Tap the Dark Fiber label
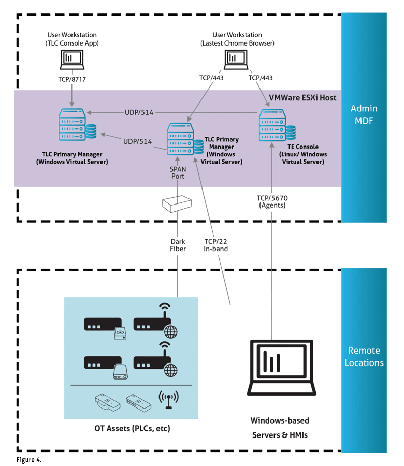178,245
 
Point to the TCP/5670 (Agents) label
271,201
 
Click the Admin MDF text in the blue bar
364,114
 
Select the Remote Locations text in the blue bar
364,356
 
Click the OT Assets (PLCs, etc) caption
132,429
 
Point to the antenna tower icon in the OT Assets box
167,399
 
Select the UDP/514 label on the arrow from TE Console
139,113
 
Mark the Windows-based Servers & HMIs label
280,428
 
